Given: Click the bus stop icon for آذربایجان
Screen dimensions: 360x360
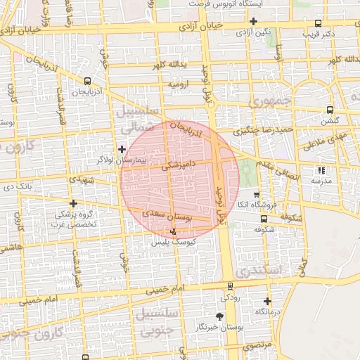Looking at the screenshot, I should tap(86, 81).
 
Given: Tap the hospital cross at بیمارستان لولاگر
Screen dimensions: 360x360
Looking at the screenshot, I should tap(122, 149).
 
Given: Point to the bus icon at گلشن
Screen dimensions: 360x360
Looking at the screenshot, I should tap(330, 110).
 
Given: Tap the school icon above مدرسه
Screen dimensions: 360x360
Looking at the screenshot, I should tap(321, 170).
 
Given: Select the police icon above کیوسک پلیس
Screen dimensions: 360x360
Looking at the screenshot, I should tap(174, 231).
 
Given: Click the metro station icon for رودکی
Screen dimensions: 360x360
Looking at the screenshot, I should tap(231, 286).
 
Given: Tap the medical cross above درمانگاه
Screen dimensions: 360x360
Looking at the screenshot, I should tap(267, 302).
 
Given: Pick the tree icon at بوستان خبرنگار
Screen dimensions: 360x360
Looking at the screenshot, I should tap(219, 317).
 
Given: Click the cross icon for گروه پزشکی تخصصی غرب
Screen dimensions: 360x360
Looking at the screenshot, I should tap(73, 203).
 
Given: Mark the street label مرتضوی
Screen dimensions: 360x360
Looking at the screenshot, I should tap(257, 347).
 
